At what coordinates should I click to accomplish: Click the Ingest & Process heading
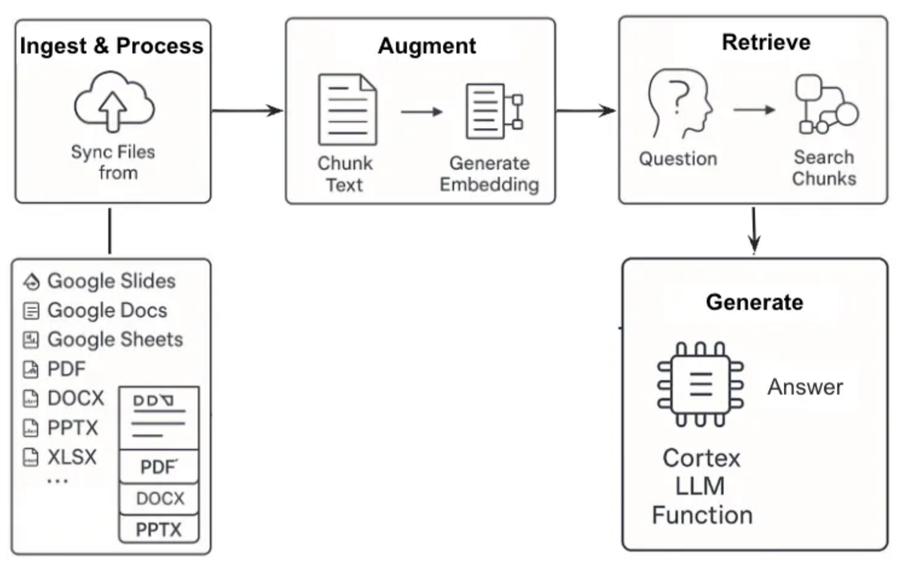112,45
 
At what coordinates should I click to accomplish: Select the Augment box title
426,45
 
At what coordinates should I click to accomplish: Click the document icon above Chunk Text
347,110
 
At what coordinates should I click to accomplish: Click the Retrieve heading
766,42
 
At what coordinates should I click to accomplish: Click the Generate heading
754,302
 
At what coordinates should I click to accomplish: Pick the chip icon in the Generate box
700,384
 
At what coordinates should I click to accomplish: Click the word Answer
805,387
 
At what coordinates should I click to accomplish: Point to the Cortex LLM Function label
702,487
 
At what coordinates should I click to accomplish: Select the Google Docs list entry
107,310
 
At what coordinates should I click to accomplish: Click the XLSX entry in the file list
71,456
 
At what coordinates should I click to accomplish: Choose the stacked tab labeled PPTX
159,529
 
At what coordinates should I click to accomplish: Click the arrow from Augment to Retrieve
586,111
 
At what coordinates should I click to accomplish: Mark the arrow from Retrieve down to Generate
754,229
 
